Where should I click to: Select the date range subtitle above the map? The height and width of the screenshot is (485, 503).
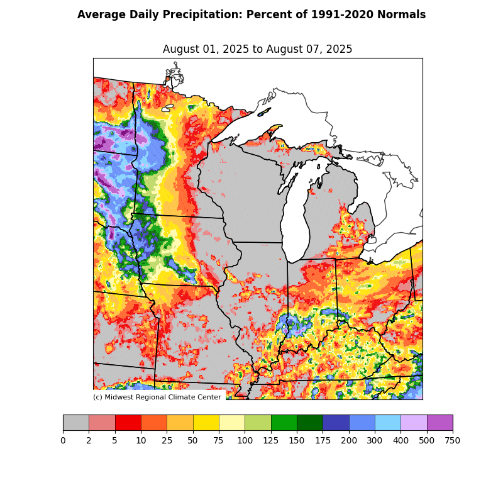[x=257, y=49]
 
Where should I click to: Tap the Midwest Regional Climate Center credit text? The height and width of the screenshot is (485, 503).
[x=157, y=397]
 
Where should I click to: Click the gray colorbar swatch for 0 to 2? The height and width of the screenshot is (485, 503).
[x=75, y=423]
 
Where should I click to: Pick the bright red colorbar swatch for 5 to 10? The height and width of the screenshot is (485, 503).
[x=128, y=423]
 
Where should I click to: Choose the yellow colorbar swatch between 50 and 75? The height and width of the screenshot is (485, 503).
[x=206, y=423]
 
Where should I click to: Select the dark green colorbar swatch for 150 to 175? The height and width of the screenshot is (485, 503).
[x=309, y=423]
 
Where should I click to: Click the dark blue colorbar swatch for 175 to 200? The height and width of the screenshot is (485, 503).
[x=336, y=423]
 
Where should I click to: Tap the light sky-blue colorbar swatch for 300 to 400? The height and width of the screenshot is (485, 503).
[x=387, y=423]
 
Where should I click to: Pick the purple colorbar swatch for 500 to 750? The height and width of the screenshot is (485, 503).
[x=439, y=423]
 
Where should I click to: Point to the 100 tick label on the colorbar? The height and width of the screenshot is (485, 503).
[x=245, y=440]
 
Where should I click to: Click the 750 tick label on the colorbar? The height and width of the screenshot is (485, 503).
[x=453, y=440]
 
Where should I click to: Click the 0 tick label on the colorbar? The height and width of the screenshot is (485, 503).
[x=63, y=440]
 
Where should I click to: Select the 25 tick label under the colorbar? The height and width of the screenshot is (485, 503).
[x=167, y=440]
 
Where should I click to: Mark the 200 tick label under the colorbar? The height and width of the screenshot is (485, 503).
[x=349, y=440]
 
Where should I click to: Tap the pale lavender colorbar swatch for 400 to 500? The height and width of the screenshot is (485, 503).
[x=414, y=423]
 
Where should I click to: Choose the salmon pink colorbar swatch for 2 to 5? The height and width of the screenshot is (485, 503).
[x=102, y=423]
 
